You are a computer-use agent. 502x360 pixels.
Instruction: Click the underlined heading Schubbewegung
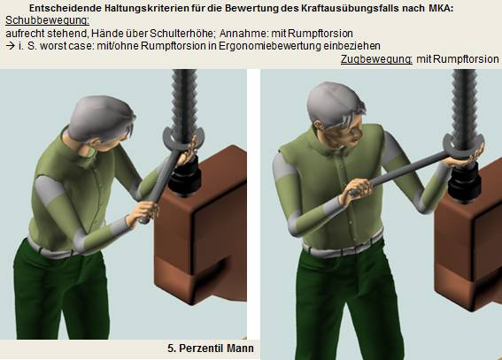pos(48,20)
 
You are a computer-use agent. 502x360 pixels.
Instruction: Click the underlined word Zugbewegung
pos(376,59)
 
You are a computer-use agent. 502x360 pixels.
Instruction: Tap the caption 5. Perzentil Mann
pos(211,349)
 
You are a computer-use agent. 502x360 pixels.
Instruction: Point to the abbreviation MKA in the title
pos(440,8)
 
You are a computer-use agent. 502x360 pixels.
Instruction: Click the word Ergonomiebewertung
pos(269,46)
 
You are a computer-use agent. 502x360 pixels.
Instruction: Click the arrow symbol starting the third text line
pos(11,46)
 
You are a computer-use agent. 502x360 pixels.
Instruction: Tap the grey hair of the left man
pos(100,117)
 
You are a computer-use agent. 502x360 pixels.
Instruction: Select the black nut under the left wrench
pos(185,177)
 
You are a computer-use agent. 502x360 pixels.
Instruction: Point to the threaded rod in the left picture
pos(184,102)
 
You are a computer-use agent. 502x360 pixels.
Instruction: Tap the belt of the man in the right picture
pos(343,245)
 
